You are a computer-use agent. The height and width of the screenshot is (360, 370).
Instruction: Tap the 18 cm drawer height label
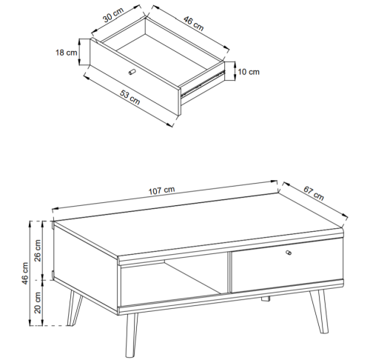click(x=67, y=53)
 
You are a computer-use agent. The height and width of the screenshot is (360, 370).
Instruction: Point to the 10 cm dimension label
click(x=249, y=72)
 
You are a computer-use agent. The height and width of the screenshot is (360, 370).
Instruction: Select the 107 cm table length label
click(x=162, y=190)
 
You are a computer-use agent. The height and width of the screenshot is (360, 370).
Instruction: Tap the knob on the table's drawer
click(x=289, y=254)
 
